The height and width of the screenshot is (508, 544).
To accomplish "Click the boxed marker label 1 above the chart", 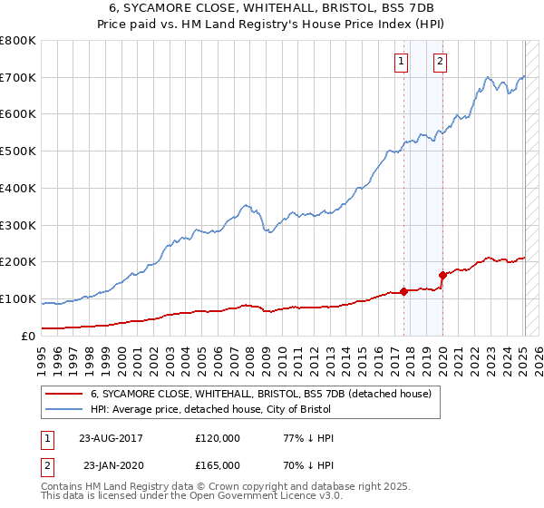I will pyautogui.click(x=401, y=62).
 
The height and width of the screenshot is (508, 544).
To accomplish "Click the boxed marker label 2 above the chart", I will pyautogui.click(x=440, y=62).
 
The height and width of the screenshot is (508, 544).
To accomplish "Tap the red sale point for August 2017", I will pyautogui.click(x=404, y=291).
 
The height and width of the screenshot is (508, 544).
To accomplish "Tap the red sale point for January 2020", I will pyautogui.click(x=442, y=275).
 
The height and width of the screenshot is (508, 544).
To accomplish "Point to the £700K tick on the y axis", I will pyautogui.click(x=17, y=77).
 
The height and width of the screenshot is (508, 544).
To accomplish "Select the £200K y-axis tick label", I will pyautogui.click(x=17, y=261).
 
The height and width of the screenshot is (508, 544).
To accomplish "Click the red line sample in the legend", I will pyautogui.click(x=63, y=394).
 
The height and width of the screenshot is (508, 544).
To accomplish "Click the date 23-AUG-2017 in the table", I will pyautogui.click(x=110, y=438).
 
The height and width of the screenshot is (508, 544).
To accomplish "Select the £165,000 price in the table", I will pyautogui.click(x=218, y=465).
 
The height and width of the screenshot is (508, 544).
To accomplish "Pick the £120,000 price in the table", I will pyautogui.click(x=218, y=438).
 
